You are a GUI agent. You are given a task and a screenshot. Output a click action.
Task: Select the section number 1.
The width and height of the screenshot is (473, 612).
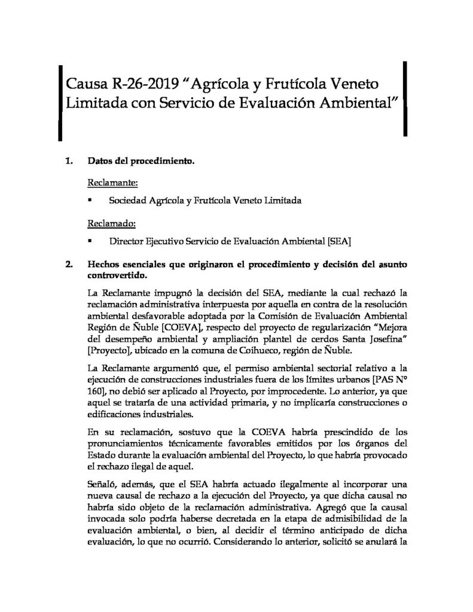pos(68,161)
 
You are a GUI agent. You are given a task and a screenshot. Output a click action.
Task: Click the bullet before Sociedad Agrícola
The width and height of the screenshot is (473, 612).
pos(90,201)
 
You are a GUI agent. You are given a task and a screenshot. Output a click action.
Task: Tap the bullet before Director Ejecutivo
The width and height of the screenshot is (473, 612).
pos(90,242)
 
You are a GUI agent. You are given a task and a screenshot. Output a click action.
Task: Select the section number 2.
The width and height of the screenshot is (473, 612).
pos(68,264)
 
